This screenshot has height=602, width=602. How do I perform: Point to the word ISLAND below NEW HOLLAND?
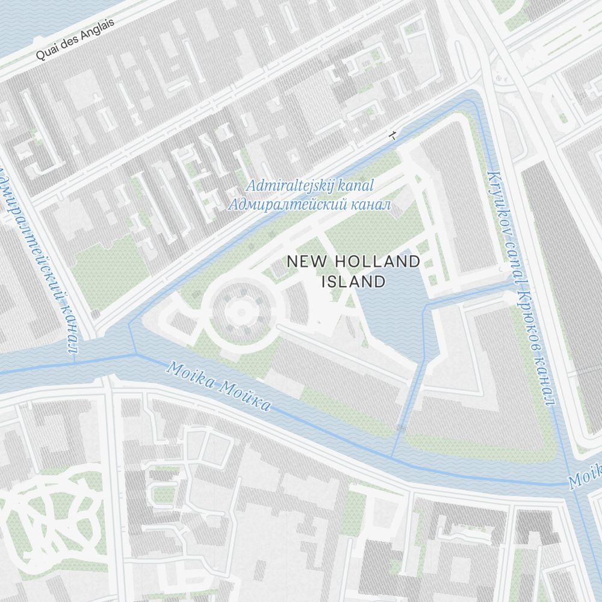pyautogui.click(x=353, y=281)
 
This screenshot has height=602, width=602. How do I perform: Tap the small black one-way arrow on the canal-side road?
pyautogui.click(x=393, y=135)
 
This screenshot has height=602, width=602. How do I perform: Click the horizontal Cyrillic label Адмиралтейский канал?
pyautogui.click(x=309, y=205)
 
